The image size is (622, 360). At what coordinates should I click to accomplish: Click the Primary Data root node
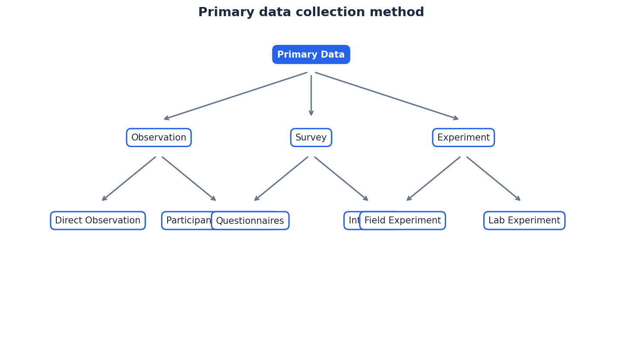coord(311,55)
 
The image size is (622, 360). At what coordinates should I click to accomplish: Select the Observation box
coord(159,137)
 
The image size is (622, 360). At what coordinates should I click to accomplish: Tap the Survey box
coord(311,137)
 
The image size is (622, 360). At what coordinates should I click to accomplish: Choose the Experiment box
coord(463,137)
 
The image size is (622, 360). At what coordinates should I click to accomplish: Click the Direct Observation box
coord(98,221)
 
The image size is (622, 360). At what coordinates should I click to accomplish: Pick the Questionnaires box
coord(250,221)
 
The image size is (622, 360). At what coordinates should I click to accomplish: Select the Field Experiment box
coord(402,221)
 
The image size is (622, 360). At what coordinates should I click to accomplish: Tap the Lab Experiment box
coord(524,221)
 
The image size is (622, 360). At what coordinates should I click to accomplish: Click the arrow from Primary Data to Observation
coord(236,96)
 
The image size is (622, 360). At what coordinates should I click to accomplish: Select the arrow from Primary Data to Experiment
coord(387,96)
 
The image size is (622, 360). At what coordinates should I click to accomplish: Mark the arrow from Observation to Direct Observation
coord(129,179)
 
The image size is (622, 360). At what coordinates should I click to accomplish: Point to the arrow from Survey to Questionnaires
coord(281,179)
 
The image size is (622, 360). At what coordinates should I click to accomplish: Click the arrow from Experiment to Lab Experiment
coord(494,179)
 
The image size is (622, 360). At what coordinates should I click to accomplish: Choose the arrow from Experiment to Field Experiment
coord(433,179)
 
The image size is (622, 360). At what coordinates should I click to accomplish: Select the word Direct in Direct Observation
coord(68,221)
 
